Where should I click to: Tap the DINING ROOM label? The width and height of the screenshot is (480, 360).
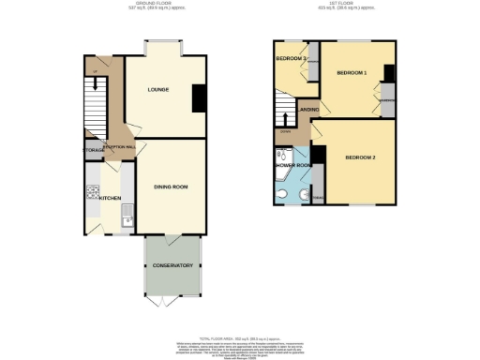pos(171,187)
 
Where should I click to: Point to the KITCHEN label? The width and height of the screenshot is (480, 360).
pos(111,199)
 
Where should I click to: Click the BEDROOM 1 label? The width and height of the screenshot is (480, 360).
pos(352,73)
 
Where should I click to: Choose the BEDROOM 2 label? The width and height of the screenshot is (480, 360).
pos(359,157)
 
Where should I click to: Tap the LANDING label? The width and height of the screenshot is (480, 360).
pos(307,112)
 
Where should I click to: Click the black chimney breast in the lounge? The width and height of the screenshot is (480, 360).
pos(198,97)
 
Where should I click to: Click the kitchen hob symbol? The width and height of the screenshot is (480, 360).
pos(93,194)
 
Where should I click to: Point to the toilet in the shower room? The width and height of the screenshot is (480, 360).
pos(284,195)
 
